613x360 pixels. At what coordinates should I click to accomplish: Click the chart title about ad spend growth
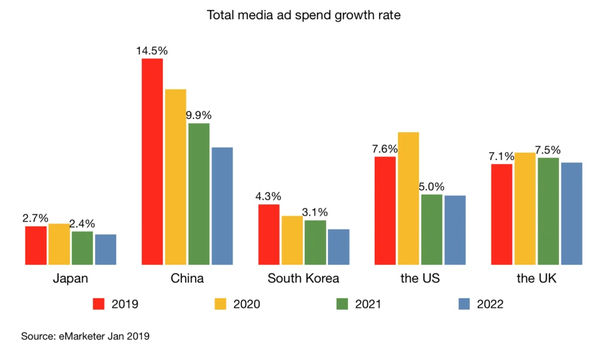pyautogui.click(x=304, y=16)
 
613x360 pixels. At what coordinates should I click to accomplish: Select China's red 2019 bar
pyautogui.click(x=152, y=161)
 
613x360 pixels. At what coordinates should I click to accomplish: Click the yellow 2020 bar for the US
pyautogui.click(x=408, y=198)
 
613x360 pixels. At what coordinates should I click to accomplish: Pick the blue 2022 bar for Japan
pyautogui.click(x=105, y=249)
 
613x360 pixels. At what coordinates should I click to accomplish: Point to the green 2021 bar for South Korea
pyautogui.click(x=315, y=242)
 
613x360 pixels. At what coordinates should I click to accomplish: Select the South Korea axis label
pyautogui.click(x=303, y=279)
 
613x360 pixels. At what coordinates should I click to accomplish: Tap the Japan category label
pyautogui.click(x=70, y=279)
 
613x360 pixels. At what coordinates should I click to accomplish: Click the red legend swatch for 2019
pyautogui.click(x=99, y=304)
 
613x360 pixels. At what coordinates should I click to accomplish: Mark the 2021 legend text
pyautogui.click(x=368, y=304)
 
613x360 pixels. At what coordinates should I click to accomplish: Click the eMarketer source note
pyautogui.click(x=85, y=337)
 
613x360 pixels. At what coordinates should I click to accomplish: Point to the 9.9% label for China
pyautogui.click(x=199, y=116)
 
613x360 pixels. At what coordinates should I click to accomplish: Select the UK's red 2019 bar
pyautogui.click(x=502, y=214)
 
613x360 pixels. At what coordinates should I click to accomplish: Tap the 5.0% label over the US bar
pyautogui.click(x=432, y=187)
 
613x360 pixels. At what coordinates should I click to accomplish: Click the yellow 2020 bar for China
pyautogui.click(x=175, y=177)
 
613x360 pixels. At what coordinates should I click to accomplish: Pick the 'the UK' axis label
pyautogui.click(x=536, y=279)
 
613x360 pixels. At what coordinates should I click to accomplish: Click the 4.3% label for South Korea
pyautogui.click(x=268, y=196)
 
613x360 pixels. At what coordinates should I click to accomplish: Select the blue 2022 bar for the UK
pyautogui.click(x=571, y=213)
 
